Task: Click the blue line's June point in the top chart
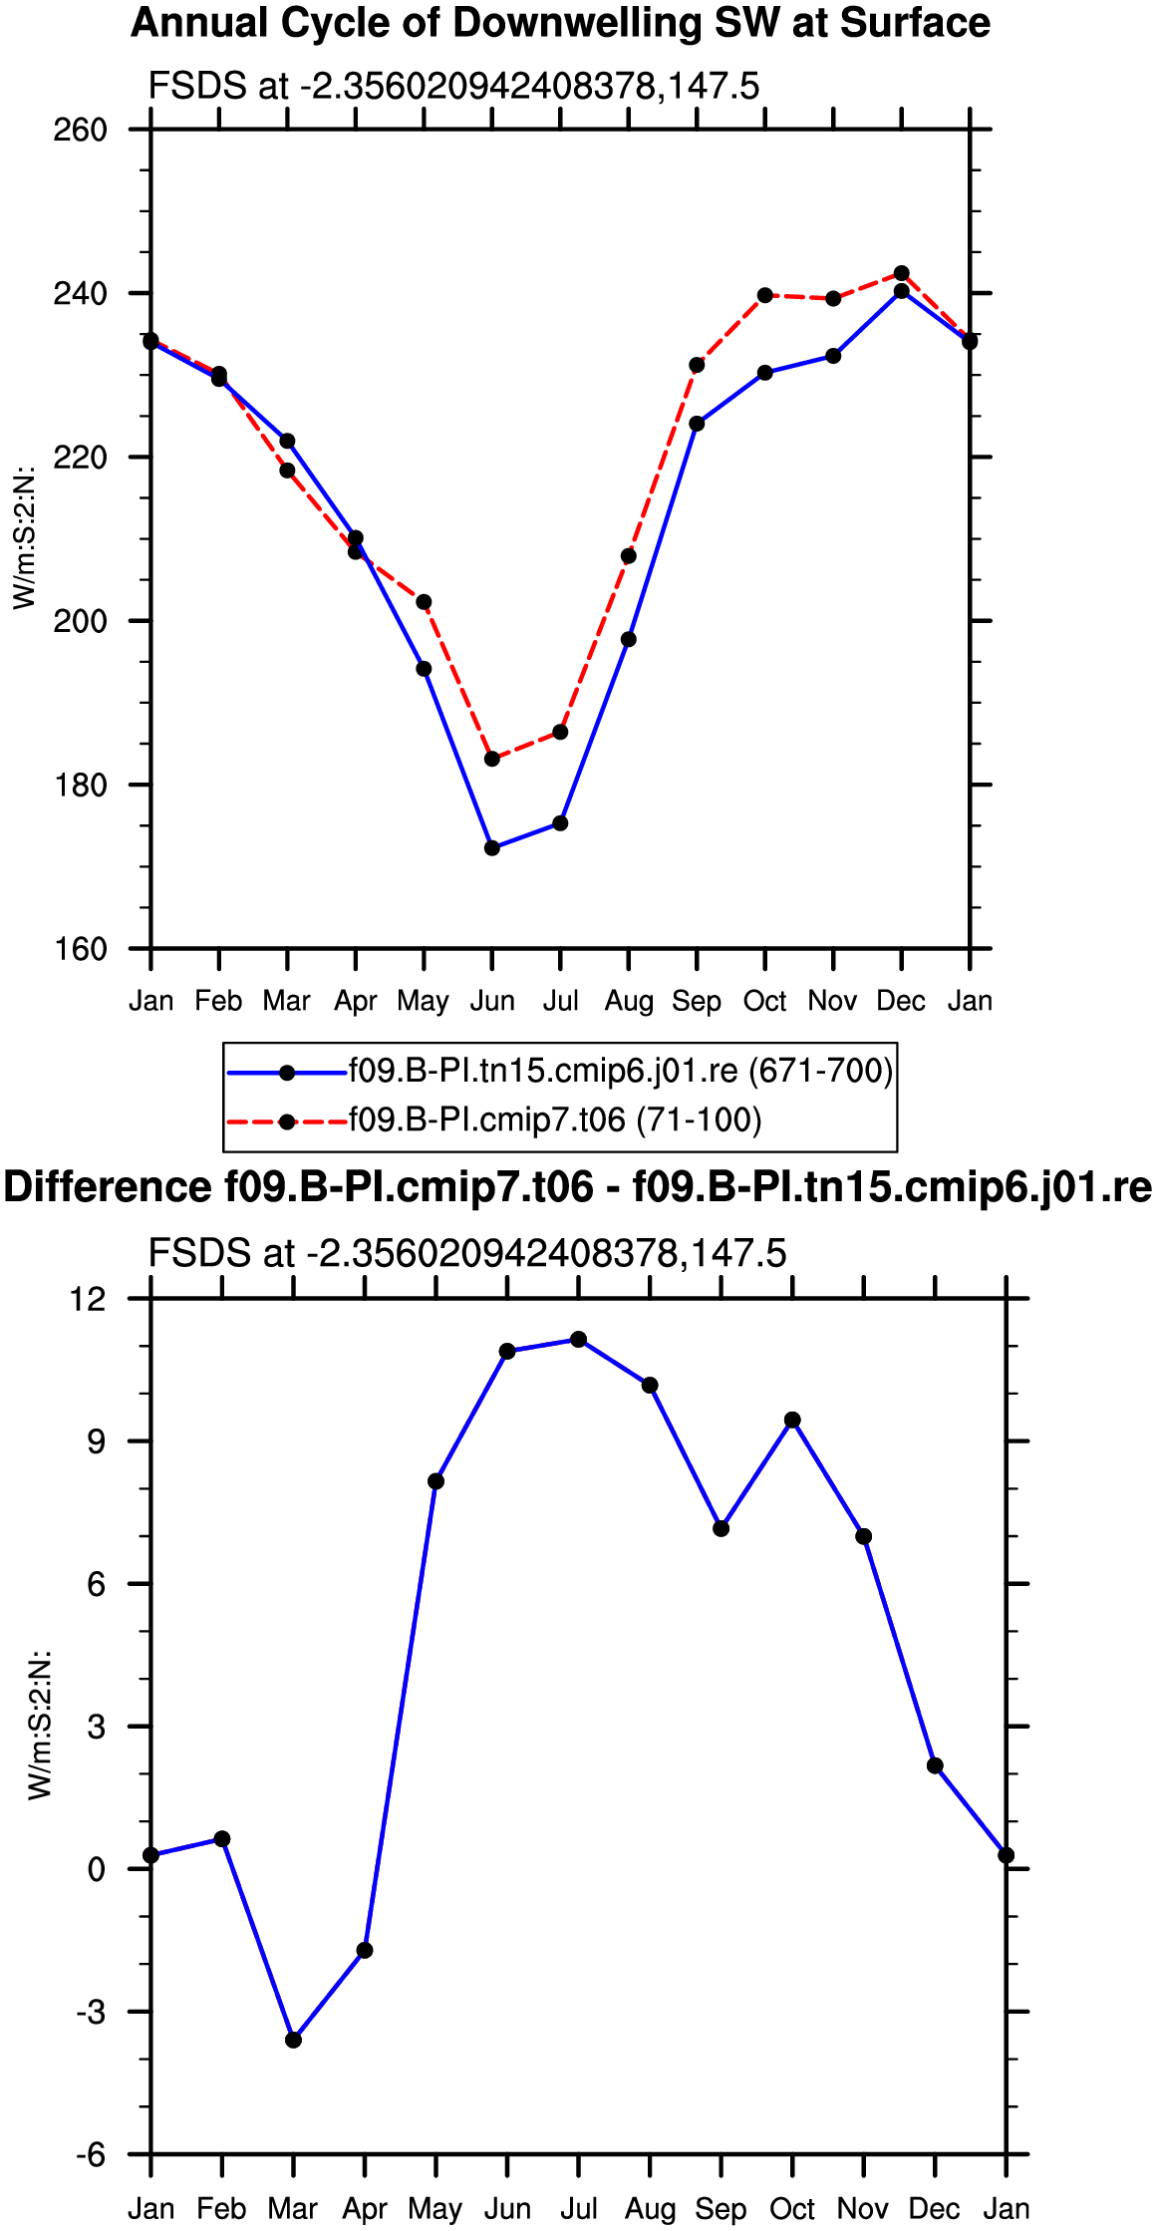pos(491,848)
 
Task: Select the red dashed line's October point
pos(765,296)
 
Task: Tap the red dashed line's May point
pos(424,602)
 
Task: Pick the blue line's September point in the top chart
pos(697,424)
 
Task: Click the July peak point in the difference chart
pos(579,1340)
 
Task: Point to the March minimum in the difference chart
pos(293,2041)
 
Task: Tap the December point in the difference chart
pos(935,1766)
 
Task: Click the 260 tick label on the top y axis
pos(80,130)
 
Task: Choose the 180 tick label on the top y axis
pos(80,786)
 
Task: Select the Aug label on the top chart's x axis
pos(629,1002)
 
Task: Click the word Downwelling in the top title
pos(551,24)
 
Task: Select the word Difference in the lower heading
pos(108,1188)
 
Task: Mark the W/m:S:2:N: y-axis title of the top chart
pos(24,537)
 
